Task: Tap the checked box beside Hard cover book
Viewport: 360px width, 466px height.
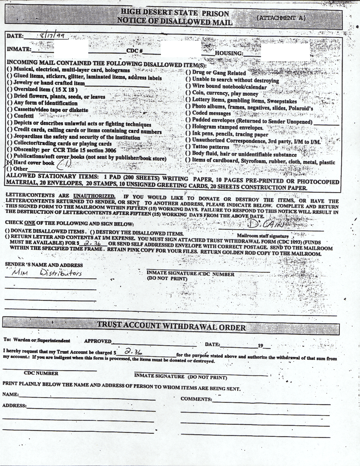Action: tap(9, 163)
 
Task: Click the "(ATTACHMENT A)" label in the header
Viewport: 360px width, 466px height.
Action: tap(282, 18)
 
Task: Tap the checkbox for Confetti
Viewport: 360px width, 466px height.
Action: tap(9, 116)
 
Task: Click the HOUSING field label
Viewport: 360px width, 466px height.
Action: tap(229, 53)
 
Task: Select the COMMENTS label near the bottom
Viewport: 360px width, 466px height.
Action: tap(196, 399)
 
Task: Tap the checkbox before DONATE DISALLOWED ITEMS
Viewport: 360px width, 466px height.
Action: tap(8, 231)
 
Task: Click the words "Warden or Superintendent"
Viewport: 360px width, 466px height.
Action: tap(42, 341)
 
